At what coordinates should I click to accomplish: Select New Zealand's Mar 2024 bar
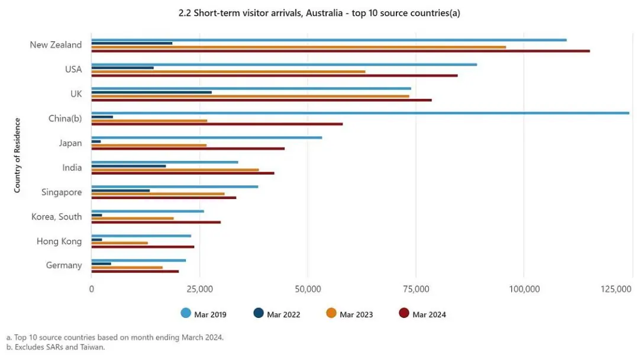coord(340,51)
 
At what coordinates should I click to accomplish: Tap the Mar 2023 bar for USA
coord(228,72)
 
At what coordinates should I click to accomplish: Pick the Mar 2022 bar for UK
coord(151,92)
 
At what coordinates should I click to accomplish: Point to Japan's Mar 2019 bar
coord(206,137)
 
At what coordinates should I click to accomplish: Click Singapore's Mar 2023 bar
coord(158,194)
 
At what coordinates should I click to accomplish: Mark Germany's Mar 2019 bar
coord(138,261)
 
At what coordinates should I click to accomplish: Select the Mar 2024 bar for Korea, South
coord(156,222)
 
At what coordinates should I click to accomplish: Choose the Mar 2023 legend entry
coord(350,314)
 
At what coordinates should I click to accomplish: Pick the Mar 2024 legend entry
coord(422,314)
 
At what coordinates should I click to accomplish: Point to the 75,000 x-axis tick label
coord(416,289)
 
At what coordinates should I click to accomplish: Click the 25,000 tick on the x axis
coord(200,289)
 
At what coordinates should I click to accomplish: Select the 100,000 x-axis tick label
coord(524,289)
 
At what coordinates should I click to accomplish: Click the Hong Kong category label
coord(59,241)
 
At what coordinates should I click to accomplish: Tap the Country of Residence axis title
coord(17,155)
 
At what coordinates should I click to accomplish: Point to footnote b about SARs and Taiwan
coord(56,347)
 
